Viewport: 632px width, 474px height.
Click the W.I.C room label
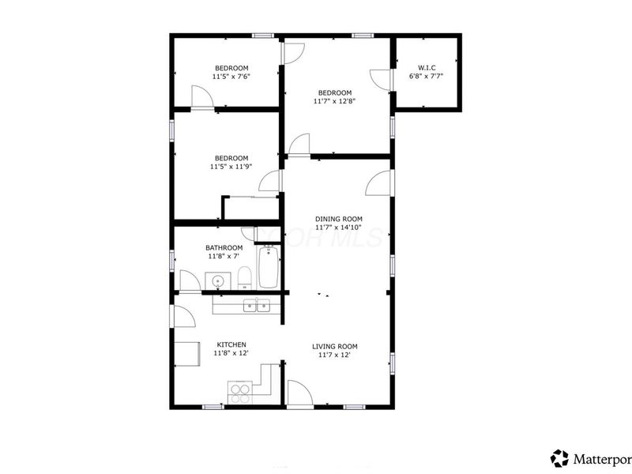pos(426,66)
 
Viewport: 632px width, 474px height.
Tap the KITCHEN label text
pos(231,344)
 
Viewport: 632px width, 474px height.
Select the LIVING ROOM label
pos(335,346)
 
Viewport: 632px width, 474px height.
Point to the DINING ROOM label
pos(338,219)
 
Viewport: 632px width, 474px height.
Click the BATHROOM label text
pos(224,247)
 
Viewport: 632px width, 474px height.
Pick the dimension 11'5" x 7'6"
pos(231,77)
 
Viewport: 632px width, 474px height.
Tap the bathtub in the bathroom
pos(269,268)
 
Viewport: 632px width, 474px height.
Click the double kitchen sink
pos(257,306)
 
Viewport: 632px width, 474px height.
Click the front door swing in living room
pos(298,393)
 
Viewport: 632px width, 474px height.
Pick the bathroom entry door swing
pos(190,280)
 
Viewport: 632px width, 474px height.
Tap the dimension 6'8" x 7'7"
pos(426,77)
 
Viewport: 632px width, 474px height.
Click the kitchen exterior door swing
pos(184,317)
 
